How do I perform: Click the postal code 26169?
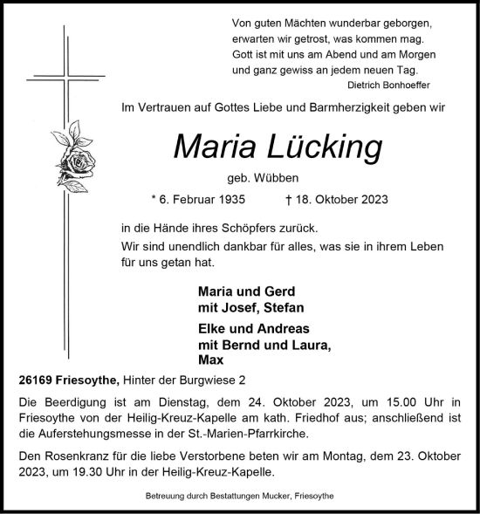[33, 380]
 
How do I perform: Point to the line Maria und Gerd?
[247, 291]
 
